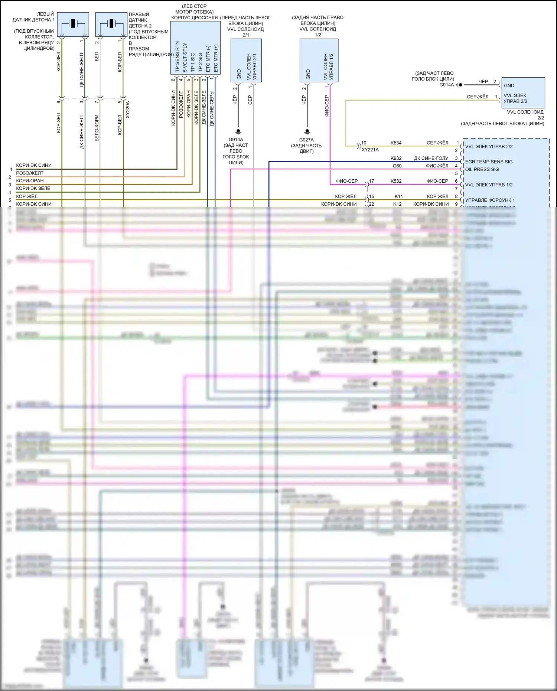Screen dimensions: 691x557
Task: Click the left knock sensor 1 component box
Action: pos(73,24)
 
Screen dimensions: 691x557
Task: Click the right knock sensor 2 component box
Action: pos(111,24)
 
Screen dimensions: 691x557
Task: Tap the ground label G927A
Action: pos(306,140)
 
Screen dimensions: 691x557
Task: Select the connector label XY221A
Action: pos(370,150)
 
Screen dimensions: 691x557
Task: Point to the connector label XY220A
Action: pos(128,110)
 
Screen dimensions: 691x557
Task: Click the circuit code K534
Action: pos(396,143)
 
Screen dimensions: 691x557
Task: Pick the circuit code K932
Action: pos(396,158)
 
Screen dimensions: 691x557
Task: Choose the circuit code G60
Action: pos(397,166)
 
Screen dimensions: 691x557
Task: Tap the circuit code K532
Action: pos(396,181)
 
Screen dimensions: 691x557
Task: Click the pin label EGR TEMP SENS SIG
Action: pos(489,162)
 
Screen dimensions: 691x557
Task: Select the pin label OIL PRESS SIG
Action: pos(482,169)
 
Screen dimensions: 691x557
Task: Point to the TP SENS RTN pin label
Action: pos(177,56)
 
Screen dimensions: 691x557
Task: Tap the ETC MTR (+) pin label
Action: pos(216,58)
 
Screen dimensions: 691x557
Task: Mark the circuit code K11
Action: pos(398,196)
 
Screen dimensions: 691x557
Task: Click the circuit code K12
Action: pos(397,204)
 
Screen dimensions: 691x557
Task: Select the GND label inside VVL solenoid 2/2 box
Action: pos(509,85)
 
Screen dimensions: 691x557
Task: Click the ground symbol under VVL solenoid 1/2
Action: pos(307,131)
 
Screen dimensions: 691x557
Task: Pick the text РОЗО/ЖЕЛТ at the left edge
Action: pos(30,173)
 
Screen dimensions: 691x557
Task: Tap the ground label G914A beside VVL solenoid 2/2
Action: pos(446,85)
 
